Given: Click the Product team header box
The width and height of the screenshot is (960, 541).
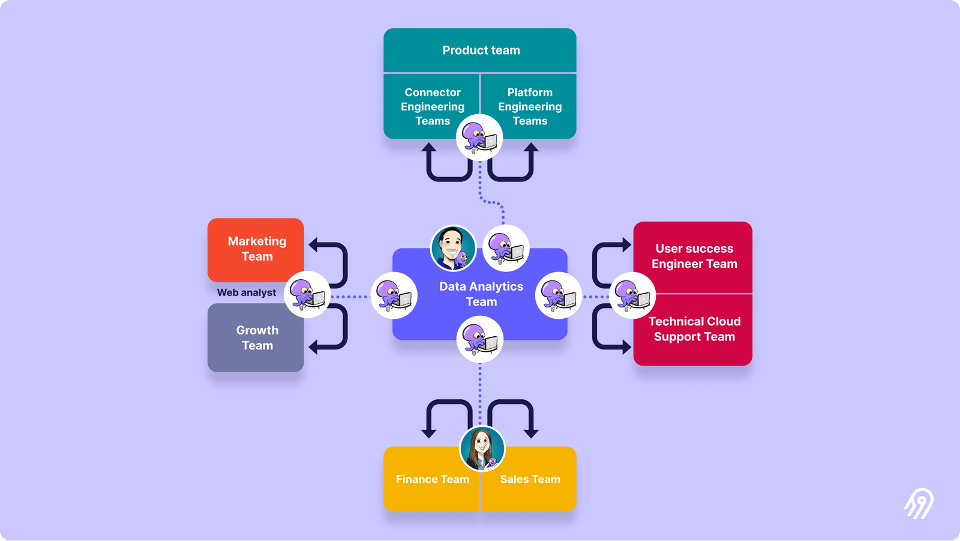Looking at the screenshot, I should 480,50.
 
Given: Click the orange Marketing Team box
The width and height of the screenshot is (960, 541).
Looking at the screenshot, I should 256,249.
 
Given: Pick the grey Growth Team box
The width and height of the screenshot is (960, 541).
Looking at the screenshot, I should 256,337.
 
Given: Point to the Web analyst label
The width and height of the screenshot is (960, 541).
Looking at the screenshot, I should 246,292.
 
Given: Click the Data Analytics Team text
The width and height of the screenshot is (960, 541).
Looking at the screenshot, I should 481,294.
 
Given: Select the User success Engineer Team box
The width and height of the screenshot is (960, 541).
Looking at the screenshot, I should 694,256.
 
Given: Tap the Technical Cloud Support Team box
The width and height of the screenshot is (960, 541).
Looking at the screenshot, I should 694,329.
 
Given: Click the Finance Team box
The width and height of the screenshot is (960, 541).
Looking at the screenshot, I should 432,479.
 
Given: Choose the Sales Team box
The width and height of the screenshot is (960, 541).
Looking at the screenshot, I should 530,479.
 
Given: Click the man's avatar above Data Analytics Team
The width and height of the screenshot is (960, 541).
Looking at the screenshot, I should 453,248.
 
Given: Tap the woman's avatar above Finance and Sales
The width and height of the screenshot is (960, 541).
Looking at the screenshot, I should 482,449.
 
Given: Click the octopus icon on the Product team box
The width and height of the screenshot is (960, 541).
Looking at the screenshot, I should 479,138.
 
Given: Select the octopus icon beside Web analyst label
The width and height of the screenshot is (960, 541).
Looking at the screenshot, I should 307,295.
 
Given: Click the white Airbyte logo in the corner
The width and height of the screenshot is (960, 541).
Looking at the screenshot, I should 919,503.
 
